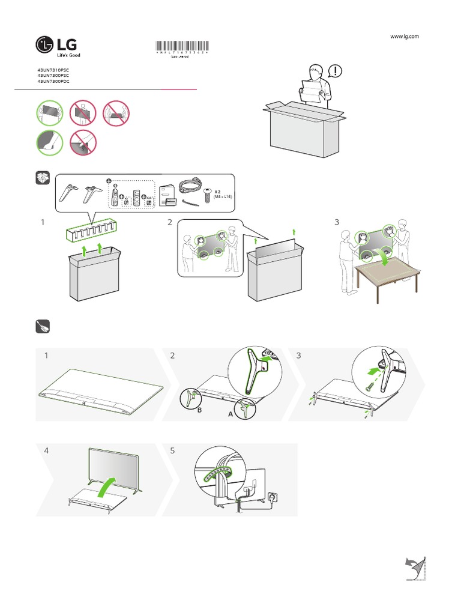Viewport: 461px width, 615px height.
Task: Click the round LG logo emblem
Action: tap(45, 44)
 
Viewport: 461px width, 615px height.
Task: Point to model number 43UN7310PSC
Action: tap(53, 70)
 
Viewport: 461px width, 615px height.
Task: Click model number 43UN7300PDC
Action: tap(53, 81)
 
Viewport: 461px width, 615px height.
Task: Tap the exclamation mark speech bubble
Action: tap(337, 71)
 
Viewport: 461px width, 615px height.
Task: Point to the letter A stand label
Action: tap(230, 414)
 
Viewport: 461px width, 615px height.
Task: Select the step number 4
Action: tap(46, 450)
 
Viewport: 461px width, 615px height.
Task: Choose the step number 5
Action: tap(172, 450)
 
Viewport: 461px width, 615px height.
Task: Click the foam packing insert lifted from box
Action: tap(91, 229)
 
